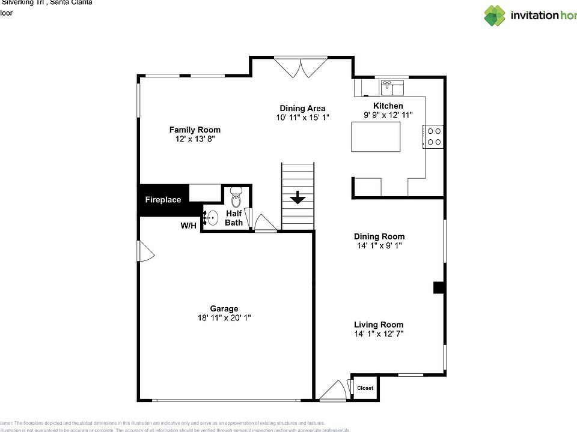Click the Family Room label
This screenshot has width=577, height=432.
[x=194, y=130]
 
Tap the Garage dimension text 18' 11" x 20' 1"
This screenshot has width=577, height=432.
[x=224, y=318]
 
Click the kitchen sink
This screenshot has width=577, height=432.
[x=392, y=89]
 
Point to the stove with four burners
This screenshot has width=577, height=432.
[x=435, y=136]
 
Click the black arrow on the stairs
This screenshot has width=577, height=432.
[x=298, y=199]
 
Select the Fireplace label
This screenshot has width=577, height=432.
[x=163, y=200]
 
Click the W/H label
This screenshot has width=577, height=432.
[x=188, y=226]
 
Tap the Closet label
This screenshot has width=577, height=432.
[x=365, y=388]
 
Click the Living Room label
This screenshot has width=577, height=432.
[x=378, y=325]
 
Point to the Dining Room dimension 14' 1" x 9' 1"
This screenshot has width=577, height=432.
[x=379, y=245]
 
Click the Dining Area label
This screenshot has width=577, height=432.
[x=302, y=109]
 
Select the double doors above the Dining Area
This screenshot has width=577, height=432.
[x=301, y=67]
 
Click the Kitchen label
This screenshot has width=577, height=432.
[x=388, y=106]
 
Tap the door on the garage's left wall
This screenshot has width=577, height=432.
[x=145, y=251]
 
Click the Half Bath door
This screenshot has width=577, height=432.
[x=264, y=223]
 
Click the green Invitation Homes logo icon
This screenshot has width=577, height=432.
[x=495, y=16]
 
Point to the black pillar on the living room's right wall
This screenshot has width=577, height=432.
[x=439, y=288]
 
